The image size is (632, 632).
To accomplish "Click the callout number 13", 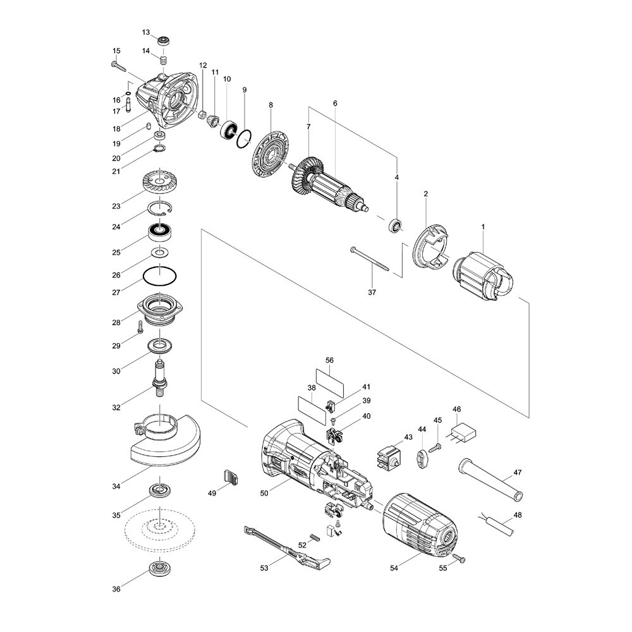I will coord(145,32).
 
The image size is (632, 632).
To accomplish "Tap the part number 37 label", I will coord(371,293).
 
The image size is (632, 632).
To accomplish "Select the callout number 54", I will coord(395,568).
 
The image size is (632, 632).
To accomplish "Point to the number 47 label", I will coord(517,473).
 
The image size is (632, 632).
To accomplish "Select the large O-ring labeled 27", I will coord(159,276).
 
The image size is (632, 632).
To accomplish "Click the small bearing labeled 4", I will coord(396,224).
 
